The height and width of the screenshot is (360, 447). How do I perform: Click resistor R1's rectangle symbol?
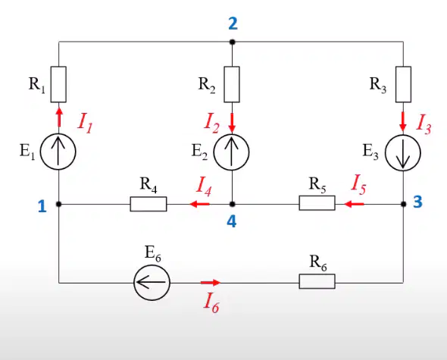(x=58, y=84)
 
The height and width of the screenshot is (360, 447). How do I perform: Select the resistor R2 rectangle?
(x=232, y=84)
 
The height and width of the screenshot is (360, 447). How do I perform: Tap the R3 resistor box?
(x=403, y=84)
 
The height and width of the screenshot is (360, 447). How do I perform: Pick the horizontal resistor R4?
(x=148, y=204)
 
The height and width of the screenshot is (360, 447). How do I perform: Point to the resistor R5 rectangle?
(x=317, y=203)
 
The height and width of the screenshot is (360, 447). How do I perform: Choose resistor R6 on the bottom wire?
(x=317, y=281)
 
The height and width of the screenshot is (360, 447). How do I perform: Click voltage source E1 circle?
(x=58, y=152)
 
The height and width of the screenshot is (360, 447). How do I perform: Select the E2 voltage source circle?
(x=232, y=152)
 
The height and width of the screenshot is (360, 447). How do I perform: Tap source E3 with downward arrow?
(x=403, y=152)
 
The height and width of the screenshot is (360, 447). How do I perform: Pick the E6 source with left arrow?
(x=152, y=283)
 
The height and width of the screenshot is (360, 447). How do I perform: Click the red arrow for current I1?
(x=59, y=117)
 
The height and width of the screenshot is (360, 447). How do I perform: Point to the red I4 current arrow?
(x=199, y=204)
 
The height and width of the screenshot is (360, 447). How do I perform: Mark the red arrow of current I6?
(x=211, y=283)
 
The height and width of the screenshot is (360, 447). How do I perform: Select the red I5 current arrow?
(x=354, y=204)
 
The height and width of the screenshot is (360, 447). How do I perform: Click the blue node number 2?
(x=233, y=23)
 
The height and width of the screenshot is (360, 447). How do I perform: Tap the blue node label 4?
(x=232, y=221)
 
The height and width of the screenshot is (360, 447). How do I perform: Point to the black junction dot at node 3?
(x=403, y=204)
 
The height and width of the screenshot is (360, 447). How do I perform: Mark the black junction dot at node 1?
(x=59, y=204)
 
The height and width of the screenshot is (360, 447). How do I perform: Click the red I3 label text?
(x=424, y=125)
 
